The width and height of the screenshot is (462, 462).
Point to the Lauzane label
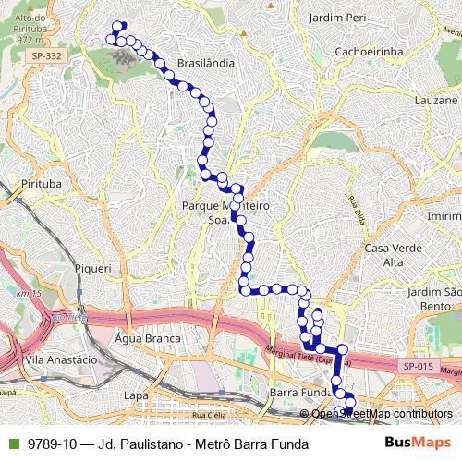click(436, 100)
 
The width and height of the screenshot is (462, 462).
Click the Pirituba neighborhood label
click(40, 184)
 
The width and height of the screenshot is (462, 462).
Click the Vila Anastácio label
click(61, 359)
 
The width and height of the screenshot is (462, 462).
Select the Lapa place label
click(136, 395)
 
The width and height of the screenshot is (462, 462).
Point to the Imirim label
click(444, 215)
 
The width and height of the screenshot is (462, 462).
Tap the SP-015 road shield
click(418, 367)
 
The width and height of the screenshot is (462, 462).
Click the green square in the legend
click(11, 444)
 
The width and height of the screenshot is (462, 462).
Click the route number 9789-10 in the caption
click(52, 444)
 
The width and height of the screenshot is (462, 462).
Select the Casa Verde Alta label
click(387, 255)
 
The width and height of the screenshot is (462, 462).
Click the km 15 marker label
click(30, 294)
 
